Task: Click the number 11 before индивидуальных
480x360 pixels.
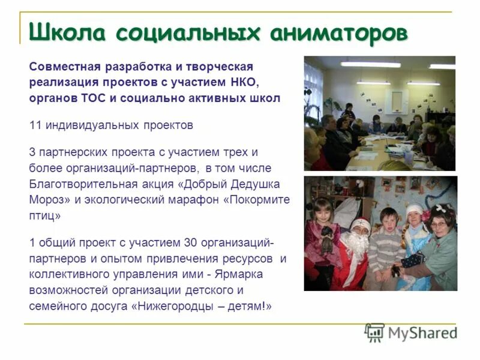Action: pyautogui.click(x=35, y=125)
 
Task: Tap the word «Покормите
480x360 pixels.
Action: pyautogui.click(x=256, y=199)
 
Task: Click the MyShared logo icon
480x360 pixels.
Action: pyautogui.click(x=374, y=332)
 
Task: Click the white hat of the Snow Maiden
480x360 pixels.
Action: pyautogui.click(x=415, y=210)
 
